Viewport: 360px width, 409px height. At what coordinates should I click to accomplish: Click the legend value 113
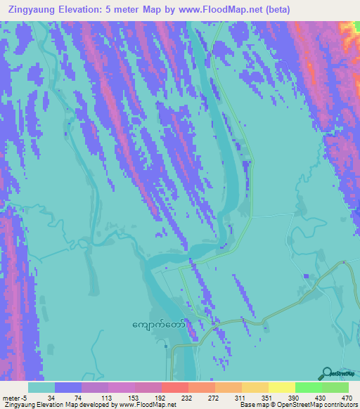point(108,398)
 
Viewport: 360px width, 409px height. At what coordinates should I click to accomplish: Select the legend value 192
point(161,398)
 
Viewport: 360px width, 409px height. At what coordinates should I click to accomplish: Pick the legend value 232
point(188,398)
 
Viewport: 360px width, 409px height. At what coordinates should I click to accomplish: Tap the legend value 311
point(241,398)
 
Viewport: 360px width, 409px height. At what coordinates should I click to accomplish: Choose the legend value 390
point(295,398)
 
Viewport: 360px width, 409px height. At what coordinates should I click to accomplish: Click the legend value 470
point(347,398)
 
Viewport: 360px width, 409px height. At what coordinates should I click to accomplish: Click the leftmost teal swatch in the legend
point(41,387)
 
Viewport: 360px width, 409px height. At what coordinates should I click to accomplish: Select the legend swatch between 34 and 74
point(67,387)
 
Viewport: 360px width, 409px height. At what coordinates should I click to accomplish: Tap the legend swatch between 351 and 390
point(281,387)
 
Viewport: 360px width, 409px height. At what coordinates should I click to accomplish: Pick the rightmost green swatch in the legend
point(335,387)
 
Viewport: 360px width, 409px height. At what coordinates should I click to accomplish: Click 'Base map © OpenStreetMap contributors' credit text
point(298,405)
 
